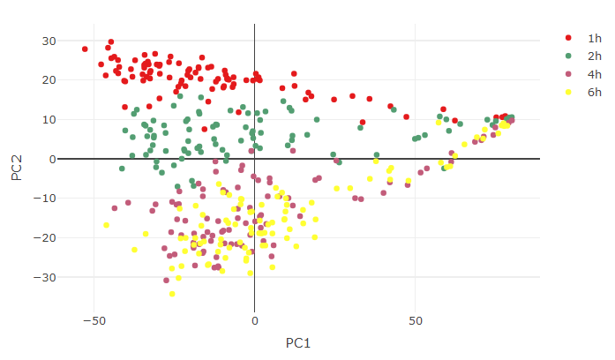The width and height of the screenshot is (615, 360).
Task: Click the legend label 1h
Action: click(594, 38)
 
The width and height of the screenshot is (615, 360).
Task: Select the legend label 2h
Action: click(594, 56)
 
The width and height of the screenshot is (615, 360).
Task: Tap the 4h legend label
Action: click(594, 73)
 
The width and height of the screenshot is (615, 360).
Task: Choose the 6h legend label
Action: click(594, 91)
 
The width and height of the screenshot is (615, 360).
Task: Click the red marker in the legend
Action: click(568, 38)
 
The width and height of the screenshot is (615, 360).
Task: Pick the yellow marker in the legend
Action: click(568, 91)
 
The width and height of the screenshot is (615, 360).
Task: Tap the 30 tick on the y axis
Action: click(48, 41)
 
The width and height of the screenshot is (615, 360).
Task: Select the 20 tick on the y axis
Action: click(48, 80)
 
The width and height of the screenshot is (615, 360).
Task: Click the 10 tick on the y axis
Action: click(48, 119)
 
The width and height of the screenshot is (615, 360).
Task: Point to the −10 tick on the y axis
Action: click(44, 199)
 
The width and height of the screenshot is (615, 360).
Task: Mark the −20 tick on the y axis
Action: click(44, 238)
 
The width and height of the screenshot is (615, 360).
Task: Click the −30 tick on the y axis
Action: click(44, 277)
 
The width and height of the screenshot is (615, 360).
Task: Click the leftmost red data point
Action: click(85, 49)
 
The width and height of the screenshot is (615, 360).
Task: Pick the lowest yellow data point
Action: click(172, 294)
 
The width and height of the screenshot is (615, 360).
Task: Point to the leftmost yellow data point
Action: click(107, 225)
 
